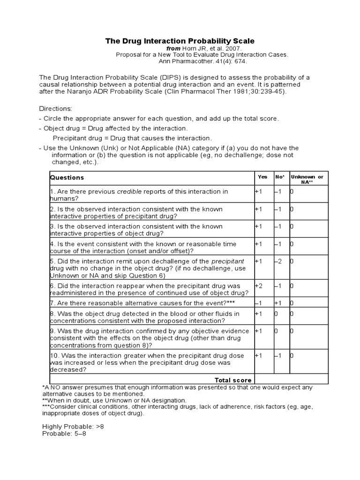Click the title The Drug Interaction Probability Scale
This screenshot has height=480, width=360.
tap(180, 41)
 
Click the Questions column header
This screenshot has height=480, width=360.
tap(67, 178)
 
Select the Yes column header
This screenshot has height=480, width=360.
tap(263, 177)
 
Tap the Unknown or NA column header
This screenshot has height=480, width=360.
tap(307, 179)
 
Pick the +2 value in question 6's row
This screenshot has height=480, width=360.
tap(259, 285)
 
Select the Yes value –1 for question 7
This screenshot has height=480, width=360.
tap(259, 303)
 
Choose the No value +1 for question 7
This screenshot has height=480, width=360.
tap(278, 303)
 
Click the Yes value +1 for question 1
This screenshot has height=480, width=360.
tap(259, 191)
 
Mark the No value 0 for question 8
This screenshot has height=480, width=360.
tap(276, 314)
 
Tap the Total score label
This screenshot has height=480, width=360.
tap(233, 380)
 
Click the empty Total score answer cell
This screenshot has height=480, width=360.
tap(291, 379)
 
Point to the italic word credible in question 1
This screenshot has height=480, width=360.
tap(129, 191)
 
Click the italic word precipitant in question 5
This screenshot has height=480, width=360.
tap(228, 261)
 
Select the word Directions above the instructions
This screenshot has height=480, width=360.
tap(55, 108)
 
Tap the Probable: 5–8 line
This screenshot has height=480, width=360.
tap(64, 434)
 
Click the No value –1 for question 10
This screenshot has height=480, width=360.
tap(278, 355)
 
